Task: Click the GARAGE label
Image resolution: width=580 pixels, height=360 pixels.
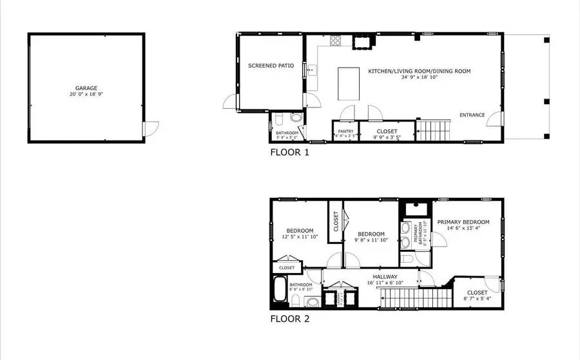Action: [x=86, y=88]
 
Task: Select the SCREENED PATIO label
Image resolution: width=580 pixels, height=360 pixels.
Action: [x=271, y=66]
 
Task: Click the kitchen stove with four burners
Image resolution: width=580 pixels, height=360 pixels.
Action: [x=336, y=41]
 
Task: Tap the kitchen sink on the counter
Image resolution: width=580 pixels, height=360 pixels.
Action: [x=311, y=70]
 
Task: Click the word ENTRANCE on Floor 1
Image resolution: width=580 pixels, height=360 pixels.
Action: [x=472, y=115]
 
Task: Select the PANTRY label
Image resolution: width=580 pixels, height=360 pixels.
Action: [x=345, y=131]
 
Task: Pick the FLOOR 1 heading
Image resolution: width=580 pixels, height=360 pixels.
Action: [x=289, y=153]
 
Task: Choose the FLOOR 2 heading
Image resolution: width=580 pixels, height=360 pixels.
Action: [x=289, y=319]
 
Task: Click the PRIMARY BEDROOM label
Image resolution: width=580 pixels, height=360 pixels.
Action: [x=463, y=222]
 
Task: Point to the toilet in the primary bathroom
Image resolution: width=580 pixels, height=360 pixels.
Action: [x=407, y=259]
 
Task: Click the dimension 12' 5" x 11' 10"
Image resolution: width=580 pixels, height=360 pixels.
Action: [x=300, y=237]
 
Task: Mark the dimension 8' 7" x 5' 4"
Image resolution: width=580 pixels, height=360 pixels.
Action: [x=478, y=298]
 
